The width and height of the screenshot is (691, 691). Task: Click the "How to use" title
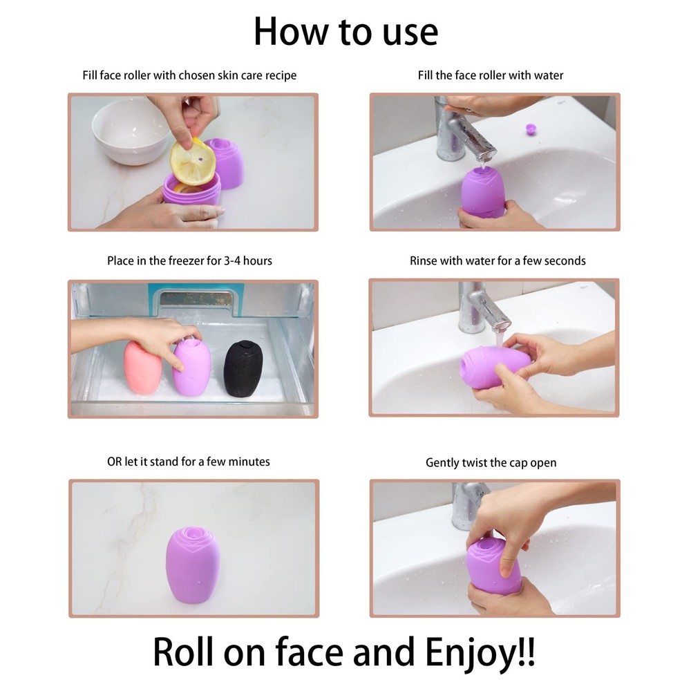click(345, 31)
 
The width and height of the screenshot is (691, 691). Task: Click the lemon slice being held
click(192, 162)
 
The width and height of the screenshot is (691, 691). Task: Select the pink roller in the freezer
click(143, 367)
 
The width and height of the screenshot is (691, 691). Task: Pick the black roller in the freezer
click(243, 367)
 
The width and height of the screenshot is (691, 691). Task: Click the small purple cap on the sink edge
click(531, 129)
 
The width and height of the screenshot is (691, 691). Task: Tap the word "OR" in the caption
click(114, 461)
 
